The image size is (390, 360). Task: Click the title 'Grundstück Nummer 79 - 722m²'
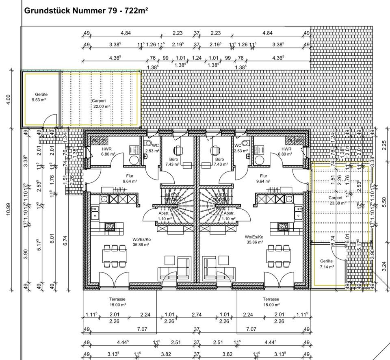coord(86,10)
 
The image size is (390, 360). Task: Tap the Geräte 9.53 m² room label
coord(41,97)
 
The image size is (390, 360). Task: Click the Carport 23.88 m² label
coord(335,200)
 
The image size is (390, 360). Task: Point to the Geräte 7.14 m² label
coord(326,264)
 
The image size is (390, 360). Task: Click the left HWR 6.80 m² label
coord(108,152)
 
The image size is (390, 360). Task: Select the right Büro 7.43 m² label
coord(219,162)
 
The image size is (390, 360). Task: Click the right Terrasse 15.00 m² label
coord(271,301)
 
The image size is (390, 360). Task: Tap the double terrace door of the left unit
coord(110,280)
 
